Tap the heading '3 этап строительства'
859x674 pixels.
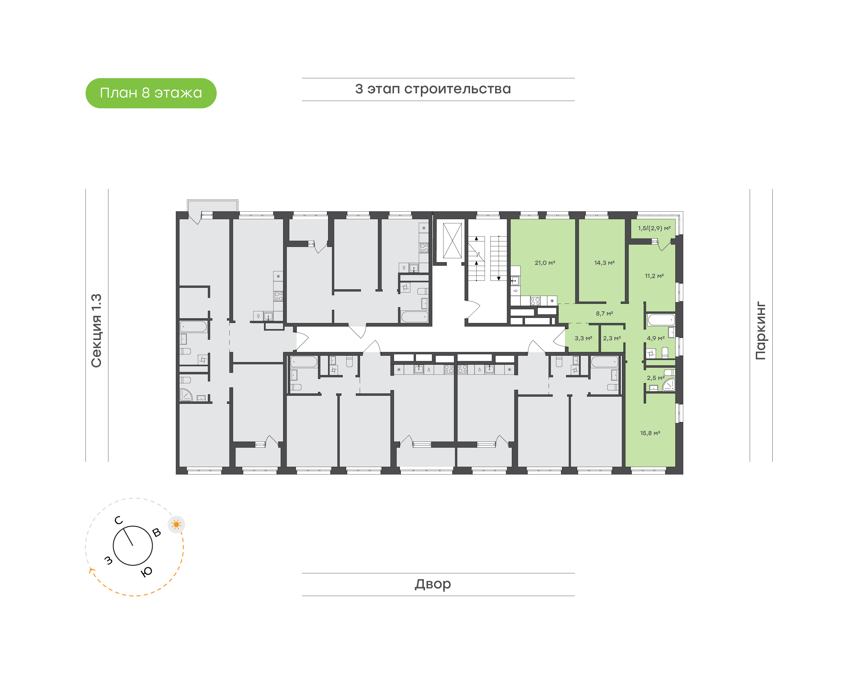(x=433, y=89)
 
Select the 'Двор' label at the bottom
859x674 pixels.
(x=433, y=584)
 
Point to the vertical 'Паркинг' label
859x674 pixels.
(x=761, y=331)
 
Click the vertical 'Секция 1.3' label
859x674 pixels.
(x=97, y=331)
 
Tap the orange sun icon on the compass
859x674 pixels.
(x=176, y=525)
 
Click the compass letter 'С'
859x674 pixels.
(x=118, y=520)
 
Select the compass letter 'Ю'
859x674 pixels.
(x=147, y=572)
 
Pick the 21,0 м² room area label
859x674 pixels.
(x=545, y=263)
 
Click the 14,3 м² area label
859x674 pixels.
(x=605, y=263)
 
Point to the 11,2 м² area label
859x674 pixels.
(x=654, y=276)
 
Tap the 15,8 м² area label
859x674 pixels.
(x=650, y=433)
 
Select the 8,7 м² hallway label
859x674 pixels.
(x=605, y=314)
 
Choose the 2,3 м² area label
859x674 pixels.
(x=612, y=338)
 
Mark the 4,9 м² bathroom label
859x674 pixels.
(x=656, y=338)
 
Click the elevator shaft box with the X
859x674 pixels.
(x=452, y=241)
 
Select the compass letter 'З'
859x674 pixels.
(x=108, y=560)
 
